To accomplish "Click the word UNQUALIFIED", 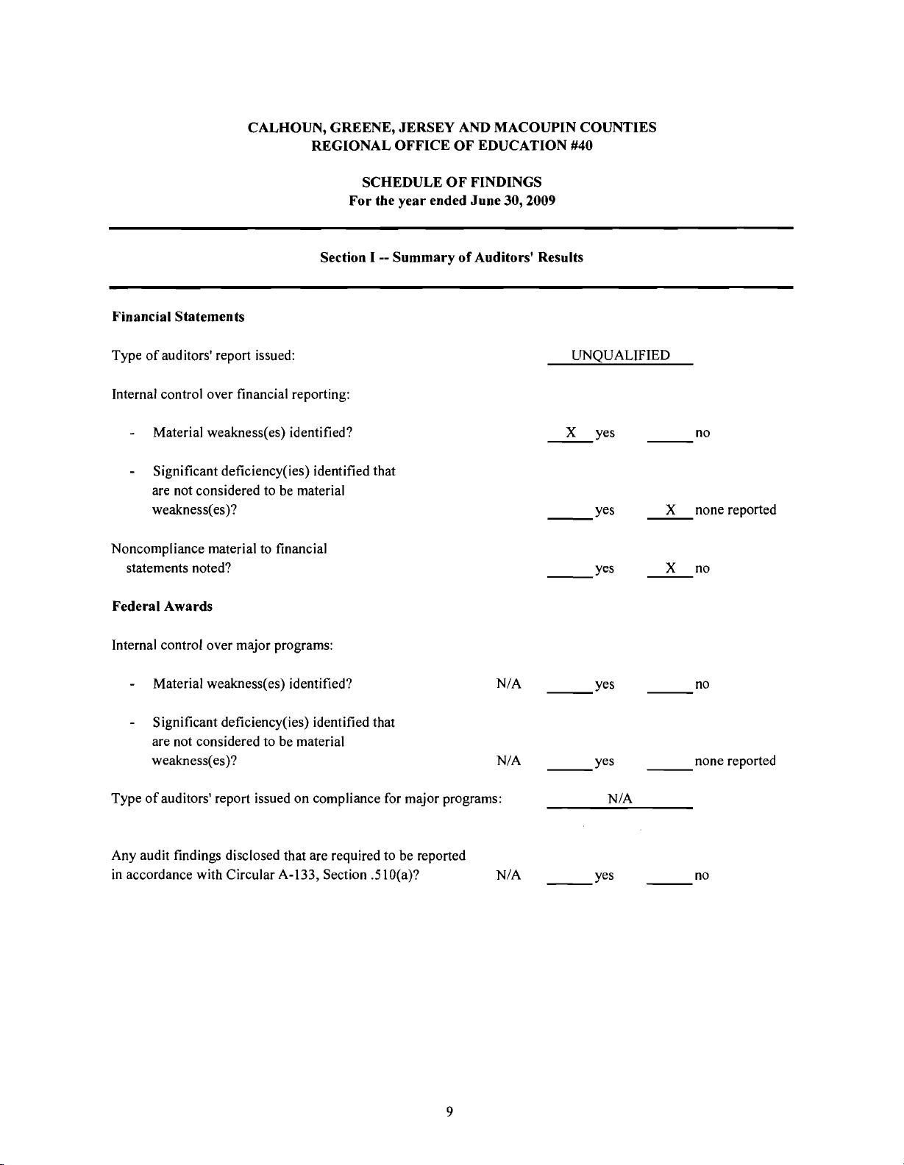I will point(621,356).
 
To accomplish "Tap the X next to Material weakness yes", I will point(571,432).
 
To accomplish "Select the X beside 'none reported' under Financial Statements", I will point(670,509).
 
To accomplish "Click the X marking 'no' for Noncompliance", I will point(670,567).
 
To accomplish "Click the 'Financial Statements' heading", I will point(178,317).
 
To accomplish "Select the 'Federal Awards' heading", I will point(162,606).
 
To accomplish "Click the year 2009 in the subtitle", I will point(541,201).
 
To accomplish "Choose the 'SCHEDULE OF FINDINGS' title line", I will point(452,182).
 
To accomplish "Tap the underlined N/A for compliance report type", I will point(621,799).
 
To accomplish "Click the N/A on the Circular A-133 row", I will point(509,875).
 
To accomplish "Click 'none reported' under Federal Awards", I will point(735,761).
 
